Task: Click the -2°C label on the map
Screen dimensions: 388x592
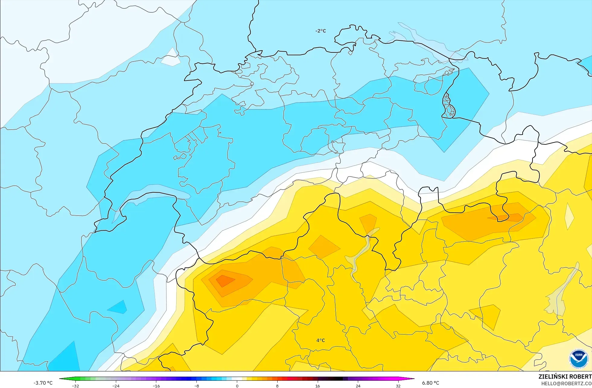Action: [x=320, y=31]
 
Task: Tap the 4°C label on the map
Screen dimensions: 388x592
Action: [x=320, y=340]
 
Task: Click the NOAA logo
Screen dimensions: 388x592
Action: [x=578, y=358]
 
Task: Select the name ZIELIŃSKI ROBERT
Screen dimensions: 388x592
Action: [x=565, y=377]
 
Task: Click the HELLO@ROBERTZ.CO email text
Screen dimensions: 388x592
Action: [x=566, y=383]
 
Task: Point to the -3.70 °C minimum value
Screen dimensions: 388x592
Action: [x=43, y=383]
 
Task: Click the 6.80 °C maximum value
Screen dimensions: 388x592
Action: [x=431, y=383]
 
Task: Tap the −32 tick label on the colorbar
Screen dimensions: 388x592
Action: [x=75, y=386]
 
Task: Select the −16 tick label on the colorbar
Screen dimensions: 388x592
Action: [x=156, y=386]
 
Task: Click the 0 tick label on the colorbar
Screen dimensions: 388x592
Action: [x=237, y=386]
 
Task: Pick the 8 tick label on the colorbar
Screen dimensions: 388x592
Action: [x=277, y=386]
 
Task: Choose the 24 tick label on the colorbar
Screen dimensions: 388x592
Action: [x=358, y=386]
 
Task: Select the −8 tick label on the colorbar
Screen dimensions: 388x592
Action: [x=196, y=386]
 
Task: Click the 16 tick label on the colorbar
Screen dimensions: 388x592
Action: [x=317, y=386]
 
